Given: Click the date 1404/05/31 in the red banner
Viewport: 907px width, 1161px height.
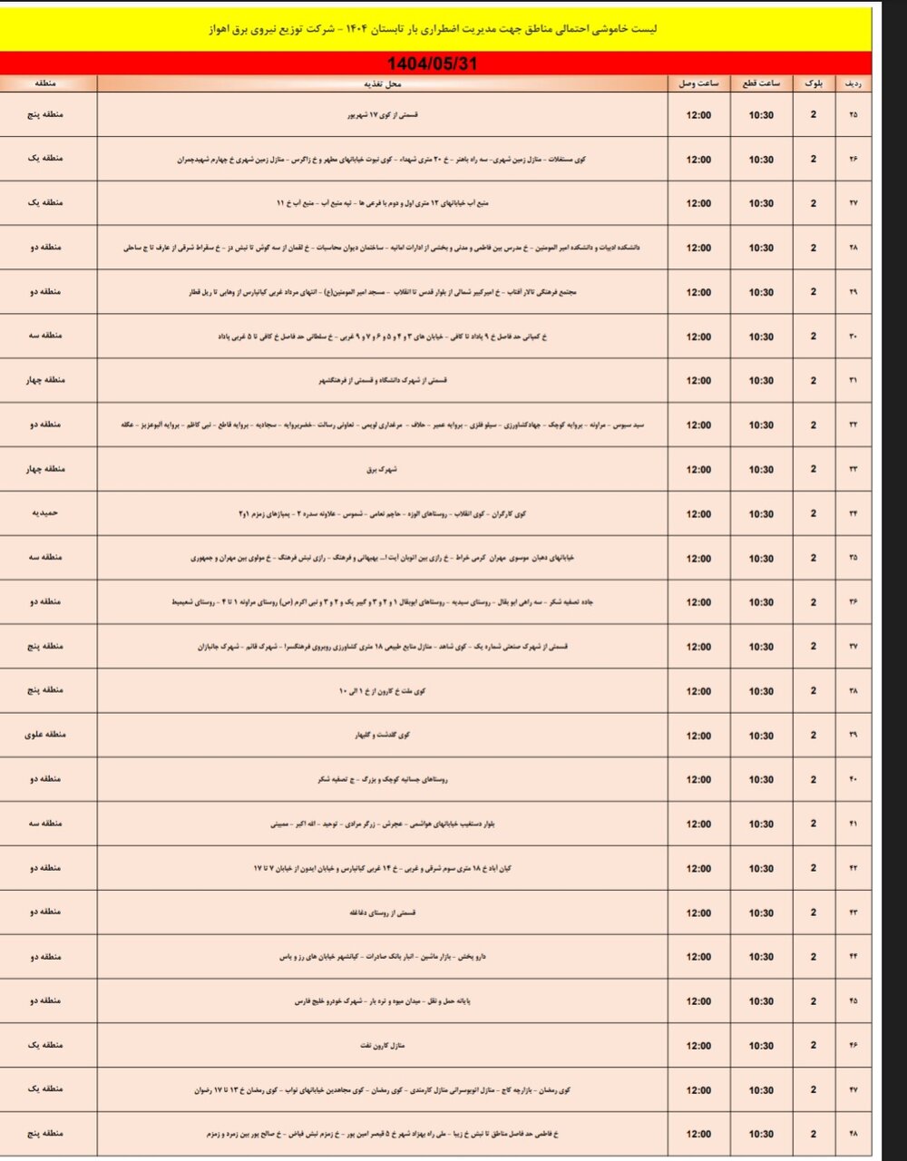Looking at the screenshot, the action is pos(432,63).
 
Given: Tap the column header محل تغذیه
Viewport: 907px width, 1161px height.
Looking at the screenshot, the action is pos(392,83).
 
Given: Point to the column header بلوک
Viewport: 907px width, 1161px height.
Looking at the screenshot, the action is pos(813,83).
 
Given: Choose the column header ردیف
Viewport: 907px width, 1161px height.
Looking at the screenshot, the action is pos(853,83).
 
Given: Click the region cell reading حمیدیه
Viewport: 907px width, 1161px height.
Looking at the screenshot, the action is pos(49,513).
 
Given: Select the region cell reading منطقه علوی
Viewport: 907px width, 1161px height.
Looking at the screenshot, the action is pos(49,735).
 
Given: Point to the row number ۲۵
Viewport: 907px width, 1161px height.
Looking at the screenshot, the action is pos(853,115).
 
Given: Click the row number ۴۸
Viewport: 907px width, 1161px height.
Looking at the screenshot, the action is pos(853,1134).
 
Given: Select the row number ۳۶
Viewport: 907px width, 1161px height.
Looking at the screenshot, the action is pos(853,602).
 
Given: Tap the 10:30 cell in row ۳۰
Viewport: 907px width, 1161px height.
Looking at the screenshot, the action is pos(761,337).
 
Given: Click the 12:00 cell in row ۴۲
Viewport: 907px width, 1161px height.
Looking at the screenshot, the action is pos(698,868).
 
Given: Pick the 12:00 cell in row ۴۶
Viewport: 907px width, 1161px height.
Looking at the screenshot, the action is pos(698,1045).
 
